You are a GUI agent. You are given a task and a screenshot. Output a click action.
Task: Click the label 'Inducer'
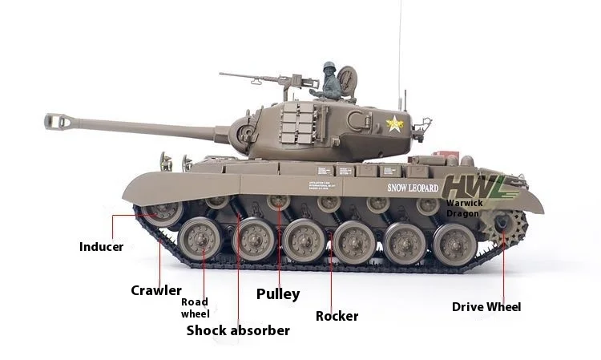point(101,246)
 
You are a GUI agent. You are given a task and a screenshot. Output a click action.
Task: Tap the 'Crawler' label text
point(155,290)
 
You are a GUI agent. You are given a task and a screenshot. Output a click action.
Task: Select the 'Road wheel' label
point(195,308)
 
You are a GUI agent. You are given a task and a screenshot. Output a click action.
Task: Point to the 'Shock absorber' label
point(238,330)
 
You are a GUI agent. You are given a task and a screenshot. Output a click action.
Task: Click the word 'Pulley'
point(277,293)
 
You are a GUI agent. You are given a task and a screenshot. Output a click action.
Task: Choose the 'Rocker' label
point(337,316)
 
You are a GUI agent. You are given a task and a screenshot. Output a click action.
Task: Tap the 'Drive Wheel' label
point(486,307)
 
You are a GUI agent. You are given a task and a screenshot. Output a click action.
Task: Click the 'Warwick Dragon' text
point(464,208)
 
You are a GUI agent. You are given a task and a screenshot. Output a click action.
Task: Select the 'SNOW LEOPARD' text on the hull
point(413,188)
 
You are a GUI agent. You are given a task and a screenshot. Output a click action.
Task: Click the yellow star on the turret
point(394,123)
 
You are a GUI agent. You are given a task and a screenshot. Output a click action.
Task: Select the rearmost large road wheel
point(454,243)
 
